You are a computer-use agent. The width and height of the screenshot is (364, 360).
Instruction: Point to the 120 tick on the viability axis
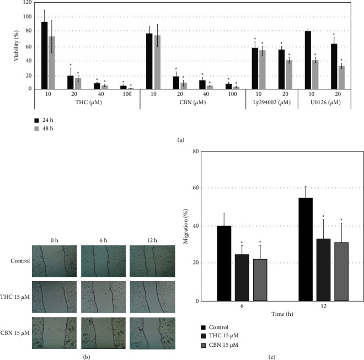(25, 2)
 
